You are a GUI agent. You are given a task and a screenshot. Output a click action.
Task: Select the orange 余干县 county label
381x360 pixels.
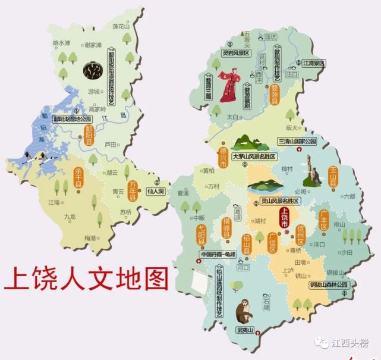(78, 176)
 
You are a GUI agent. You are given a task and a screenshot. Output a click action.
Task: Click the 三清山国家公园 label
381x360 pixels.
(297, 142)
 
